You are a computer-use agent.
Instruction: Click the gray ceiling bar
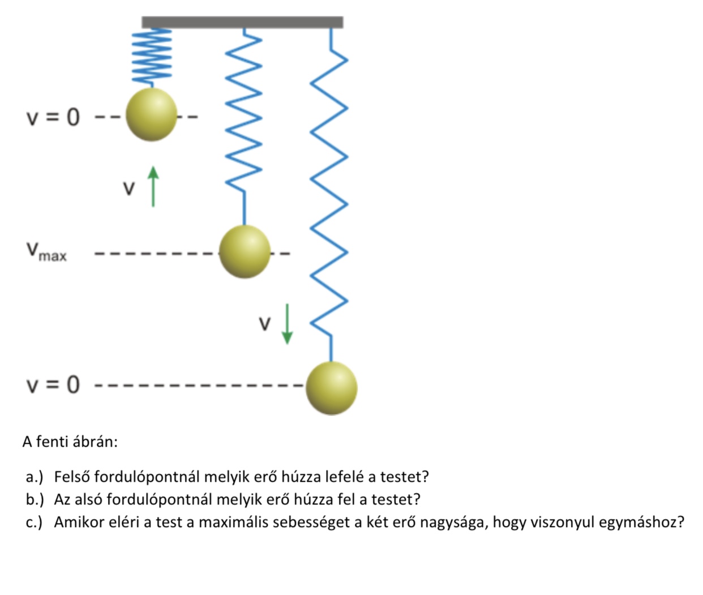242,22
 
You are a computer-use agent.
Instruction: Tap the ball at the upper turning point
151,115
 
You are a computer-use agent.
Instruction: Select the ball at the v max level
245,252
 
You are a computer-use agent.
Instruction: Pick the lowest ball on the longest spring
332,388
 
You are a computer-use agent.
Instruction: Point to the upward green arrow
153,186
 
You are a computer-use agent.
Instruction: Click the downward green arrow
288,324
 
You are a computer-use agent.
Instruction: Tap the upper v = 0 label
53,117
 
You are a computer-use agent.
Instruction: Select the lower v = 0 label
53,386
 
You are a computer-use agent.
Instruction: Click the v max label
46,252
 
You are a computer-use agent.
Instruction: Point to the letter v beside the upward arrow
129,188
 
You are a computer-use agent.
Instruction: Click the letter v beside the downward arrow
265,323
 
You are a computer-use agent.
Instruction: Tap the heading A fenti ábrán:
70,442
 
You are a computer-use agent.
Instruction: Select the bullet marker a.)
35,477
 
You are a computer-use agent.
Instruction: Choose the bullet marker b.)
35,499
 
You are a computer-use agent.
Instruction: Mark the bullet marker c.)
34,522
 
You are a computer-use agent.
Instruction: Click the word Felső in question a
72,477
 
